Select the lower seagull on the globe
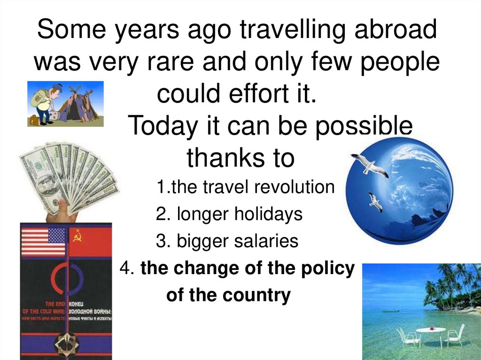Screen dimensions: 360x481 point(375,201)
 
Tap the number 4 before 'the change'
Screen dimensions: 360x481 point(124,268)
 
